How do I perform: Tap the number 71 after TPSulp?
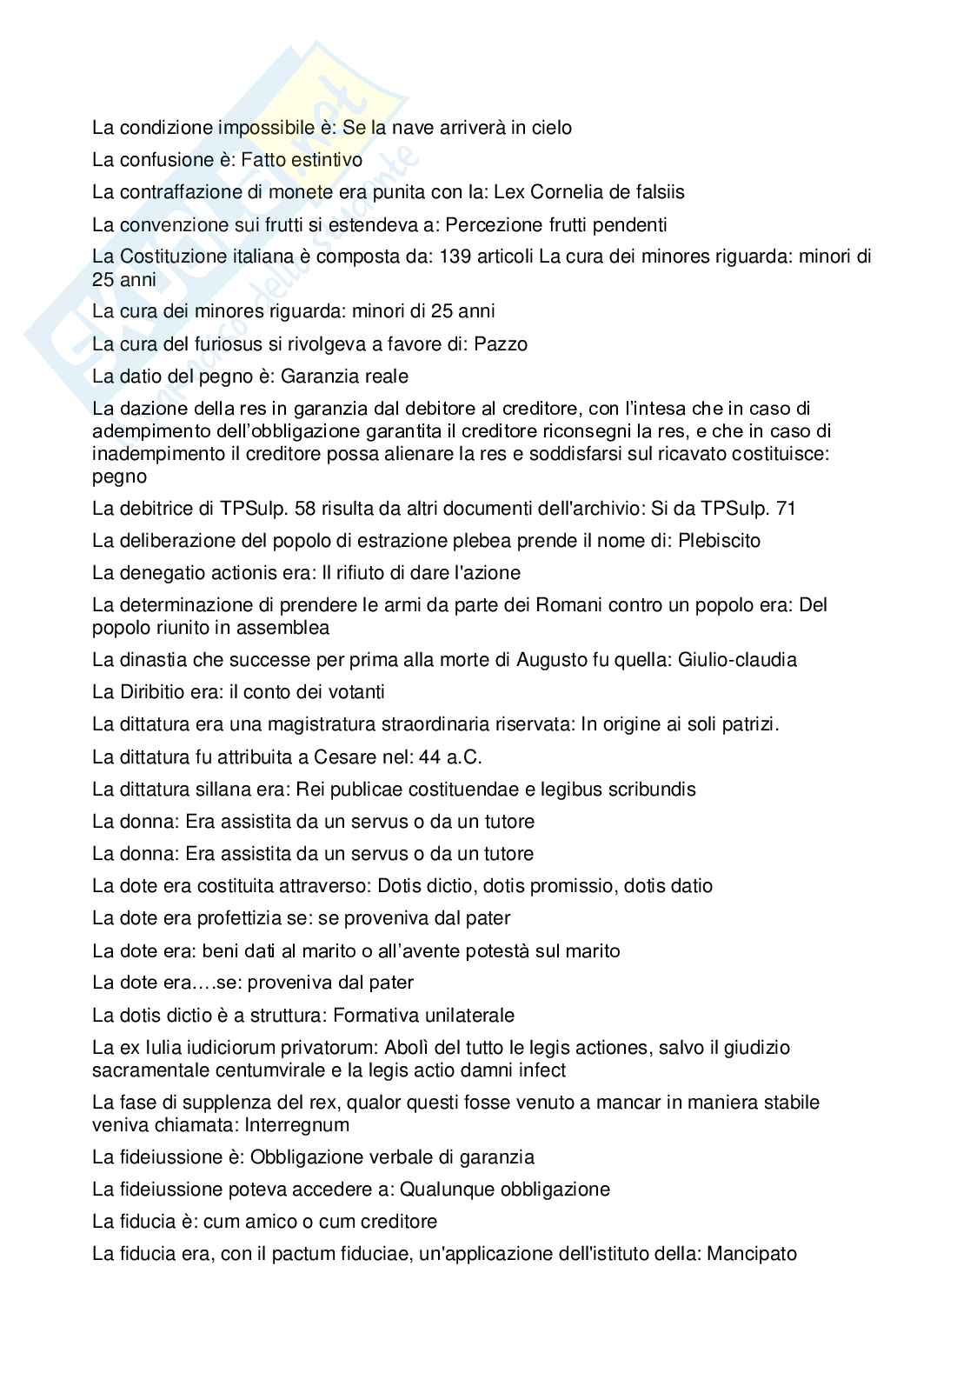(x=785, y=509)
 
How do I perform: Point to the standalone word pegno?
(x=119, y=477)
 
